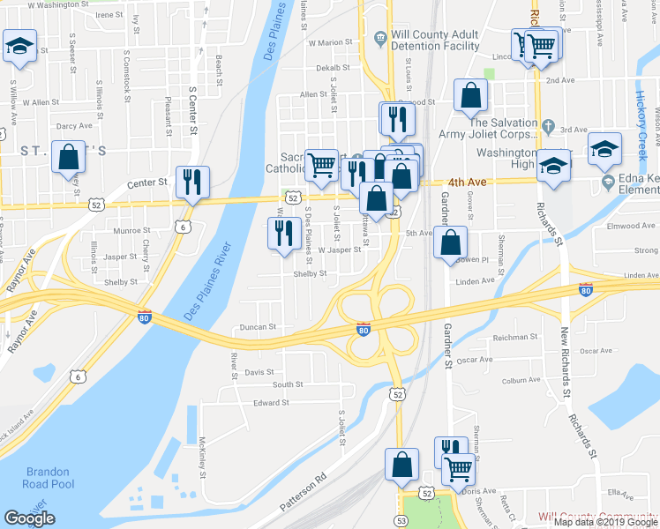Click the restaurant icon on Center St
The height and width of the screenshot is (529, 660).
tap(192, 183)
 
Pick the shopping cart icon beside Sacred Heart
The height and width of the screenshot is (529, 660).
tap(322, 165)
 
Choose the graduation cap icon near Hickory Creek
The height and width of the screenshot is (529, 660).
tap(605, 147)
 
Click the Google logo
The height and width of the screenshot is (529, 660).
tap(29, 518)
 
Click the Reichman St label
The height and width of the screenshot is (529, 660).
tap(516, 337)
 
